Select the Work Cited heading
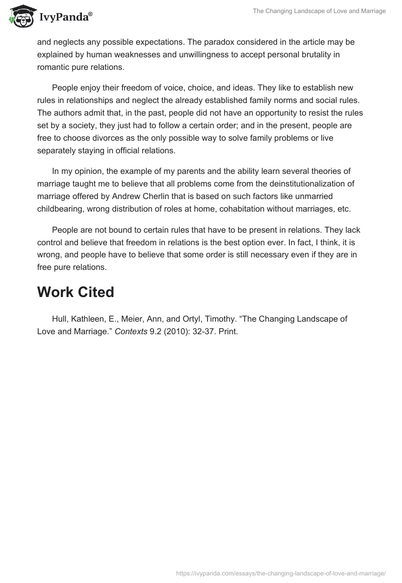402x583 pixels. tap(75, 293)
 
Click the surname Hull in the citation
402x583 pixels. tap(60, 319)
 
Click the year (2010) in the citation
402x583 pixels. tap(177, 331)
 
